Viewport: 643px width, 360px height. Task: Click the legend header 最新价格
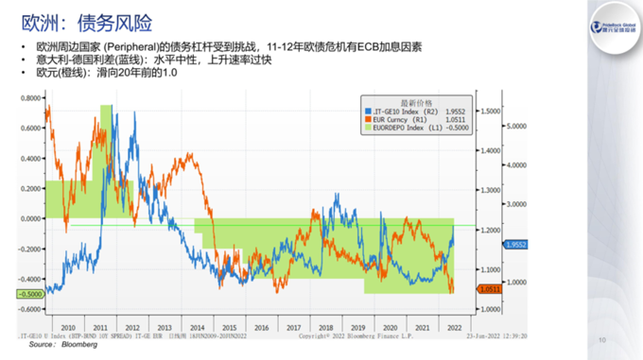point(415,100)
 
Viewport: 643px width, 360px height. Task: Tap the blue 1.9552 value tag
point(516,245)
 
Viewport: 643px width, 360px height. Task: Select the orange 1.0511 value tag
point(516,289)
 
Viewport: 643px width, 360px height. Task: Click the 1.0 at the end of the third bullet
point(172,72)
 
